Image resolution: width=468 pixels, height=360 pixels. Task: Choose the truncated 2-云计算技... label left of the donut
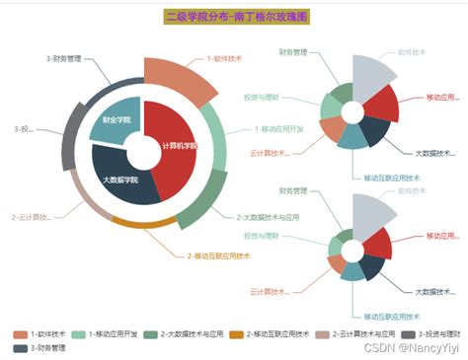[31, 217]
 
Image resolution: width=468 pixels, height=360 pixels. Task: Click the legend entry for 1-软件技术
[40, 333]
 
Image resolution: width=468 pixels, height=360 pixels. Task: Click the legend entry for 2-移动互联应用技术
[273, 333]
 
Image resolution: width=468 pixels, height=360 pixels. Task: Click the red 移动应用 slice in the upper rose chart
[380, 102]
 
